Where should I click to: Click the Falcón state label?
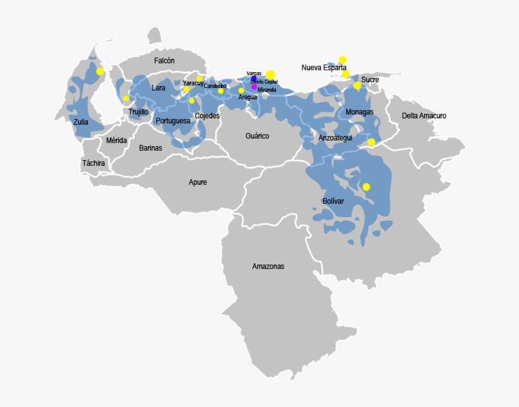[x=164, y=61]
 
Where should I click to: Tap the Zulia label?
[x=80, y=122]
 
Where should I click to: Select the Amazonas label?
[x=268, y=266]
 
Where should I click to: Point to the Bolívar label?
[x=333, y=201]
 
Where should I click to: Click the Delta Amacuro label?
[x=424, y=116]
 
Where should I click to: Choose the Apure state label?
[x=197, y=182]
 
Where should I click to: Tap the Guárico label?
[x=257, y=136]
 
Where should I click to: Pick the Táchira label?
[x=93, y=163]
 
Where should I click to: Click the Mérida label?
[x=116, y=141]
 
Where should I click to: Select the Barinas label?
[x=151, y=148]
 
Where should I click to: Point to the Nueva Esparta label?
[x=323, y=67]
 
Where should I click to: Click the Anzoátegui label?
[x=335, y=138]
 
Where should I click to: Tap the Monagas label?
[x=360, y=112]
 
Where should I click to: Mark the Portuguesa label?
[x=173, y=120]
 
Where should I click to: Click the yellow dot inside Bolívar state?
[x=366, y=187]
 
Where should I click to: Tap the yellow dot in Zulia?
[x=99, y=72]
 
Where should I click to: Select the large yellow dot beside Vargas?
[x=270, y=75]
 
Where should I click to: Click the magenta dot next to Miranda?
[x=254, y=87]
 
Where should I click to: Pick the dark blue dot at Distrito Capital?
[x=254, y=79]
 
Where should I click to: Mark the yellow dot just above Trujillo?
[x=126, y=98]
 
